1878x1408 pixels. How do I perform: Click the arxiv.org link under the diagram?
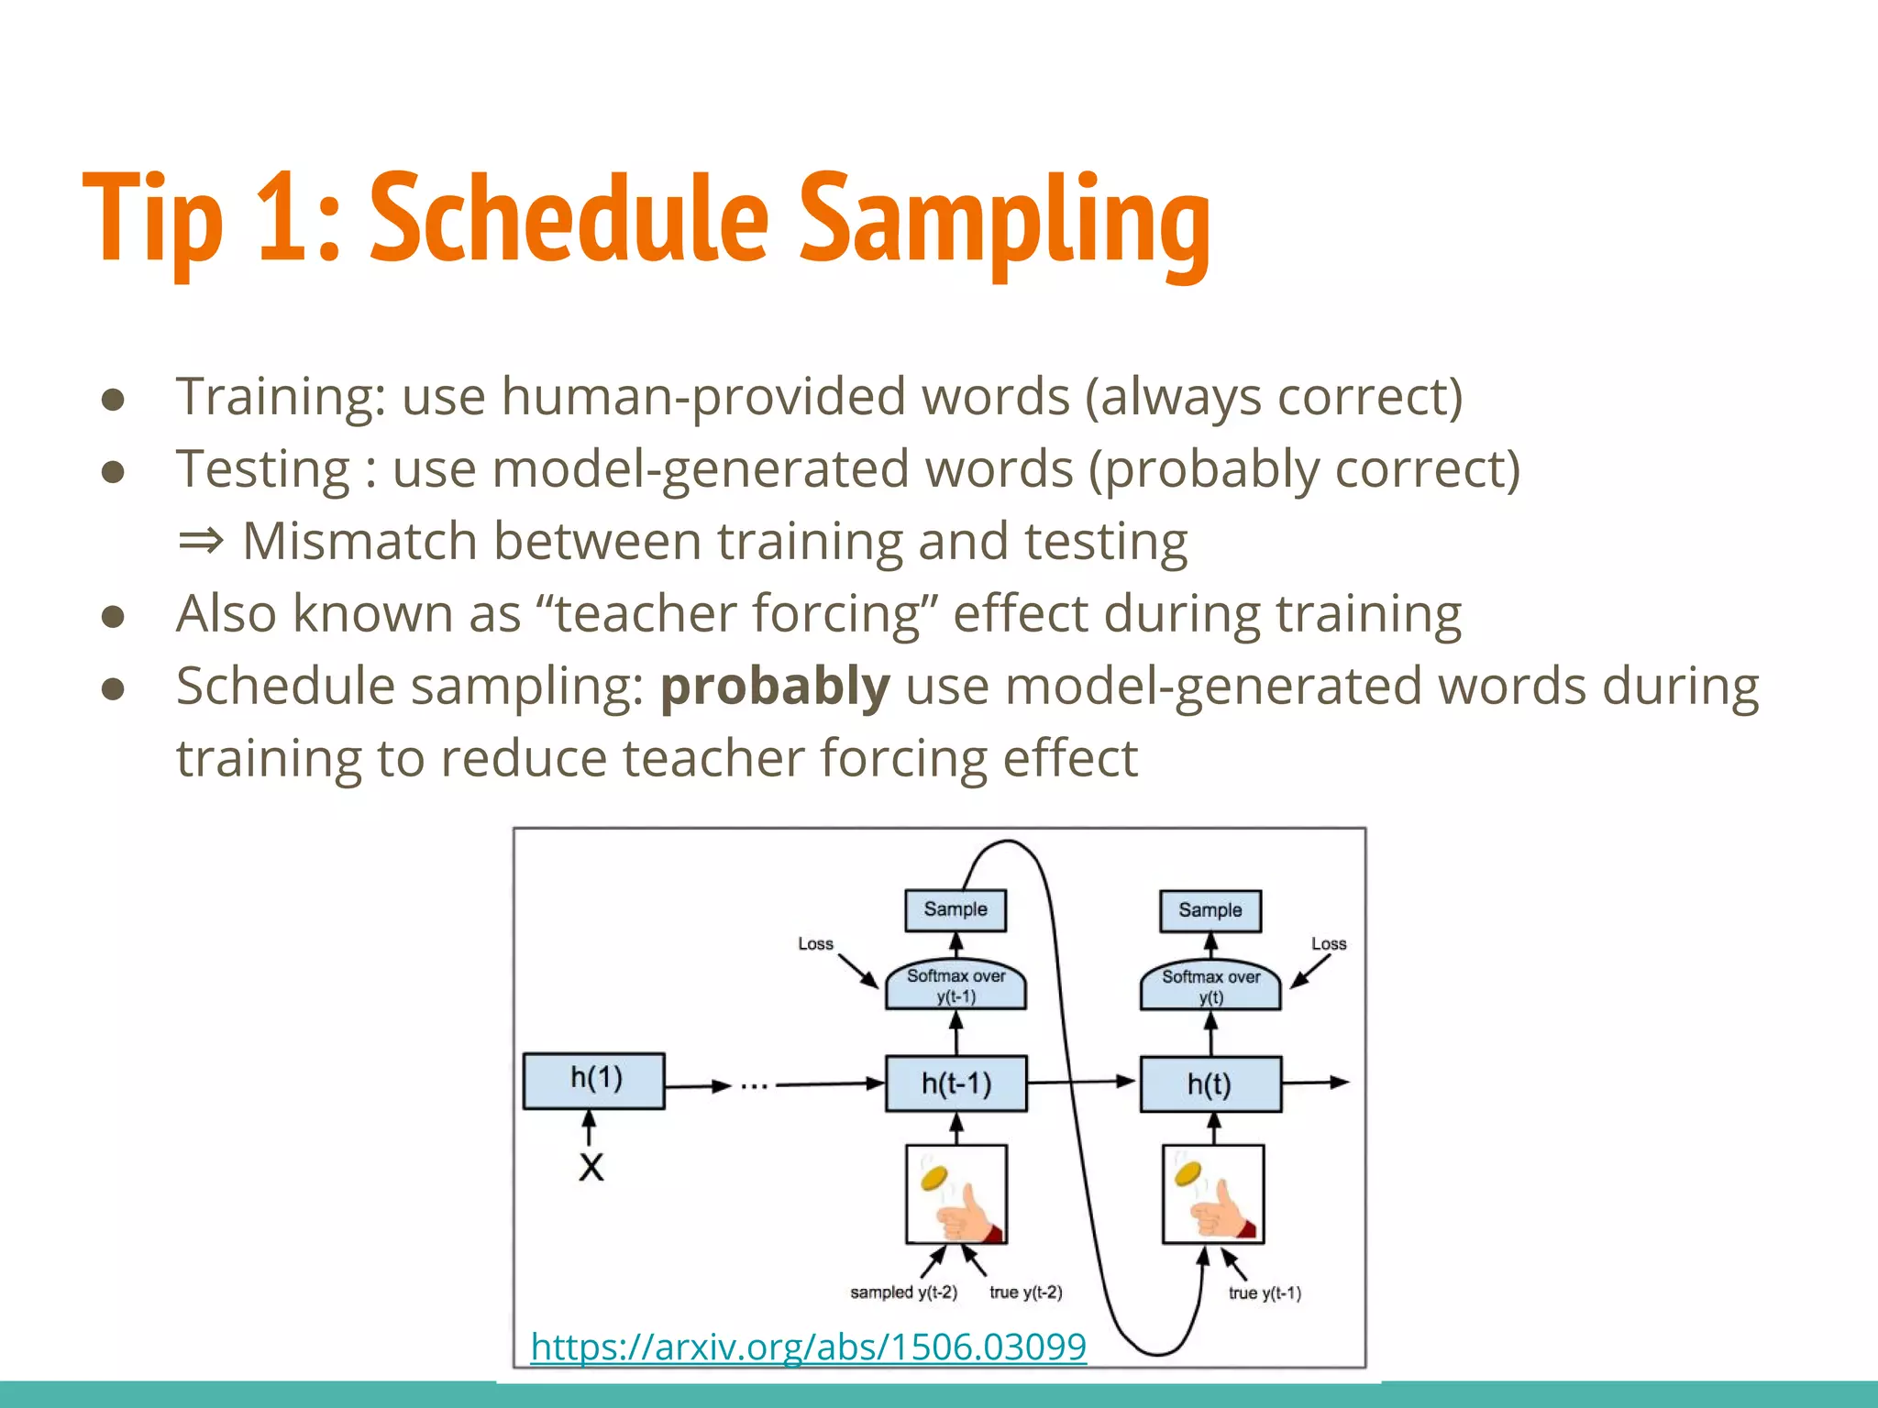point(808,1347)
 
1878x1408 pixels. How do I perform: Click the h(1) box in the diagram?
point(594,1080)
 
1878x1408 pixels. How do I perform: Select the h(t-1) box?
point(956,1083)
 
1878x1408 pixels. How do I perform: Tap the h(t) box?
point(1210,1084)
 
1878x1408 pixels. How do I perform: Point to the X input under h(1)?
point(591,1167)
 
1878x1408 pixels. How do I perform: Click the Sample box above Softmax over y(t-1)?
point(956,909)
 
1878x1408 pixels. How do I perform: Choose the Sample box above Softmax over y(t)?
point(1210,910)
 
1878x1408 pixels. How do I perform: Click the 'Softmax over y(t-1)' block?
point(956,985)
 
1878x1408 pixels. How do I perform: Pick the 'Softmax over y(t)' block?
point(1210,986)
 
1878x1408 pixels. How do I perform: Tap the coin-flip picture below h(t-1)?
point(956,1193)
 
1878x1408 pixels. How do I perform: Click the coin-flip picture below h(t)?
point(1213,1193)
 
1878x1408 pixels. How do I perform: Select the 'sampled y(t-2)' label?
point(903,1292)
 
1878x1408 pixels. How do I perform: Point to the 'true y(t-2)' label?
point(1025,1292)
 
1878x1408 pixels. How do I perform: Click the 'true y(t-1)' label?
point(1265,1293)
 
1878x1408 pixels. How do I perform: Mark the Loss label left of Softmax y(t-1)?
point(815,943)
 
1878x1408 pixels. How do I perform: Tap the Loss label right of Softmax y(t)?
point(1329,943)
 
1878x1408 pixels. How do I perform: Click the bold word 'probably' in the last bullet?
point(775,687)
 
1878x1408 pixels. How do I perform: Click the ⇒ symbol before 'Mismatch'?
point(201,541)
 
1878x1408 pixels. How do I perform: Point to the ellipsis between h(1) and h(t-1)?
point(754,1086)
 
